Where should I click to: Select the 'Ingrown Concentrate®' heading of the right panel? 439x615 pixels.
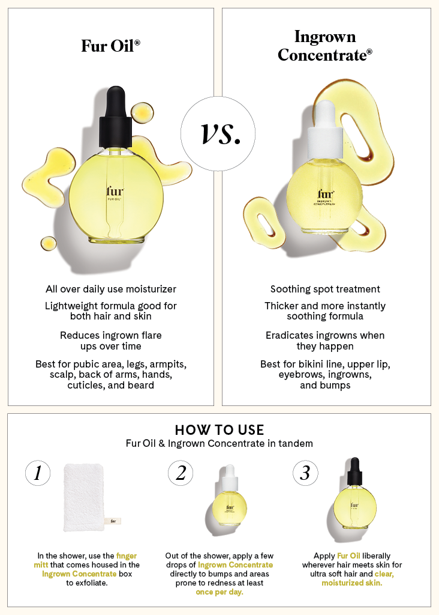click(325, 46)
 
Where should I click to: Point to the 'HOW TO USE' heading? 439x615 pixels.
click(219, 430)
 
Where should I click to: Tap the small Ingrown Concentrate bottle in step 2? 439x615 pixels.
click(230, 498)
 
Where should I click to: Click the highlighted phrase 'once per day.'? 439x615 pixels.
click(219, 592)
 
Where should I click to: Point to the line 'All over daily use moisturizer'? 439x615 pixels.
click(111, 289)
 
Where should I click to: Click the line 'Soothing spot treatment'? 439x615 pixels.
click(325, 289)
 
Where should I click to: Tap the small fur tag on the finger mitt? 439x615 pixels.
click(114, 521)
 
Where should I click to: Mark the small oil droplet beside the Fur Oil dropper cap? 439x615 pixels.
click(142, 111)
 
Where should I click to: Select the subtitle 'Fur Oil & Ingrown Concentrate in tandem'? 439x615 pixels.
click(219, 444)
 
